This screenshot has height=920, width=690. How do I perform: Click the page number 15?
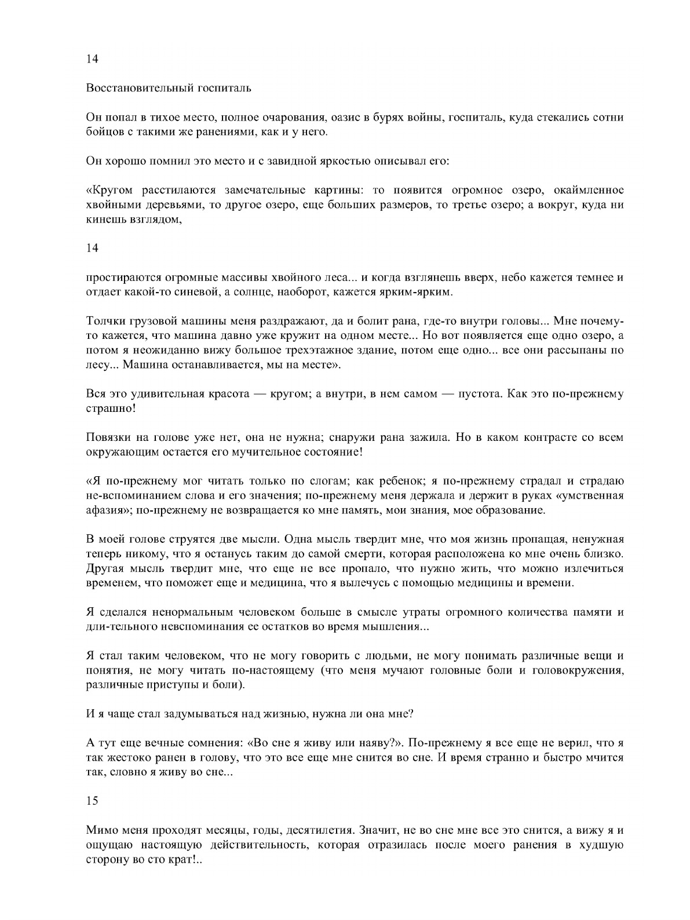(x=92, y=801)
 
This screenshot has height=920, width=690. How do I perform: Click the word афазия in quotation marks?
(x=105, y=510)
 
